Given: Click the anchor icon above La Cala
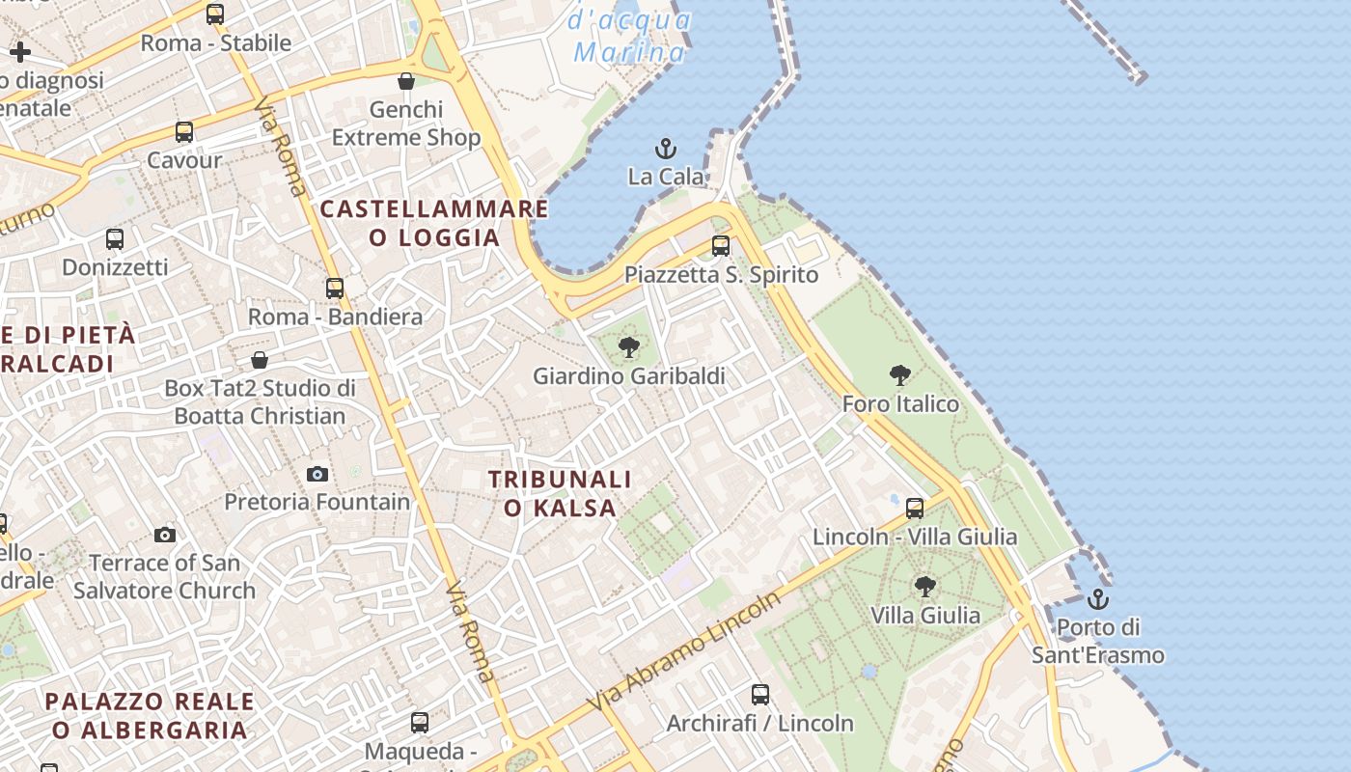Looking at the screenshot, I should coord(666,149).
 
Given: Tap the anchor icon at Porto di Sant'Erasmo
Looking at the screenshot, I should coord(1097,599).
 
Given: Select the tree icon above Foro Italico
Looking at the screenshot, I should coord(900,375).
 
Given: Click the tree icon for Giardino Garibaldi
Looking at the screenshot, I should coord(628,347).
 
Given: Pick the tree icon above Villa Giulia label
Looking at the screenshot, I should coord(924,586).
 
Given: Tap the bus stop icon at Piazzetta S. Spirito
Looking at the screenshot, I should coord(721,246).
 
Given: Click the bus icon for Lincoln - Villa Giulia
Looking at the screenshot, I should coord(915,508).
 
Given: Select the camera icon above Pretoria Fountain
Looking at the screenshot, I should coord(317,474).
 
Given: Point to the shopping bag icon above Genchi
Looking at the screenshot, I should coord(406,81).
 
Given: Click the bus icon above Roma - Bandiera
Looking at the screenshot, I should coord(335,289).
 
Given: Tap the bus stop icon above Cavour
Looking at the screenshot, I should coord(184,132).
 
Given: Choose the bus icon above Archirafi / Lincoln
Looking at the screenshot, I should coord(760,694).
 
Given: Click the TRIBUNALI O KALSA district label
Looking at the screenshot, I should coord(560,493).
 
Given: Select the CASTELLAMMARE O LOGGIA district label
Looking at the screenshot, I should coord(434,223).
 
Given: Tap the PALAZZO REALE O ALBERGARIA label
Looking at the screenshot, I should coord(150,715).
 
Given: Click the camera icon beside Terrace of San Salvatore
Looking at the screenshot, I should coord(165,535).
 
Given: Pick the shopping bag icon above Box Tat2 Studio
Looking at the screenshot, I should coord(260,360).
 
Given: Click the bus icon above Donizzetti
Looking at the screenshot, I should coord(115,238).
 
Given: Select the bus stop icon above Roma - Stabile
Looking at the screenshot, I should coord(215,14).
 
